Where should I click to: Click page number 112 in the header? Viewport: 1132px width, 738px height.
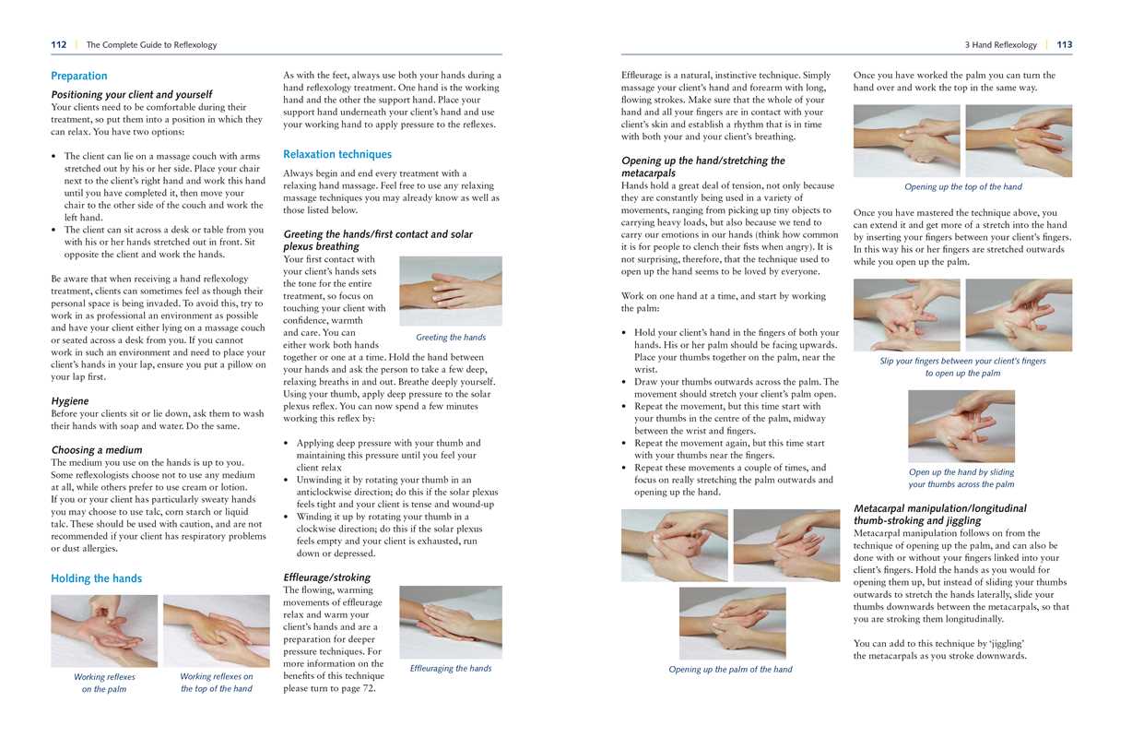click(58, 44)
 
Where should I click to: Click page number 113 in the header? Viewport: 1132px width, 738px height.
click(1065, 44)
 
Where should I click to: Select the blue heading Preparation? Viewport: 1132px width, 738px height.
click(79, 76)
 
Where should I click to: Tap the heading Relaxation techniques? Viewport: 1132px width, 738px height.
click(337, 154)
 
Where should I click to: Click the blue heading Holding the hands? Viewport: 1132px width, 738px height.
click(97, 578)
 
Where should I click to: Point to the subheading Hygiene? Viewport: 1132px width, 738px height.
click(70, 401)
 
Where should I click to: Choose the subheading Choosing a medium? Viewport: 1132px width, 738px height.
click(97, 450)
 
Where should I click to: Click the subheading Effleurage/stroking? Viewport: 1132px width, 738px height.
click(326, 577)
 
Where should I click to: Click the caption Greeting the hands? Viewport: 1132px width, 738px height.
click(451, 338)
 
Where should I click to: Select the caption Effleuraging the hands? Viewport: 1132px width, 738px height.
click(451, 668)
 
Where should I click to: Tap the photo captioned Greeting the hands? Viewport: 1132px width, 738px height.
click(451, 290)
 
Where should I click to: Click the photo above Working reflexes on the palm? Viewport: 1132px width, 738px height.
click(104, 630)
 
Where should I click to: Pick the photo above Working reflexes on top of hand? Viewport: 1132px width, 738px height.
click(217, 630)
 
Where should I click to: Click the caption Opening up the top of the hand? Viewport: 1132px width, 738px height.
click(962, 187)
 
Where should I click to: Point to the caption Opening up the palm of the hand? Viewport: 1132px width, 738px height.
click(730, 670)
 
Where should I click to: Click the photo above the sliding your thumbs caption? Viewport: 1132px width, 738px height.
click(961, 425)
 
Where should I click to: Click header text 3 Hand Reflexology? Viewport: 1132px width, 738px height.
click(1000, 44)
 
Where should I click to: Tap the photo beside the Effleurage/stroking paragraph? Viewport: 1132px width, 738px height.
click(451, 620)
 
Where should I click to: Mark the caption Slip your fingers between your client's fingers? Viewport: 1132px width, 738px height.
click(962, 361)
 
